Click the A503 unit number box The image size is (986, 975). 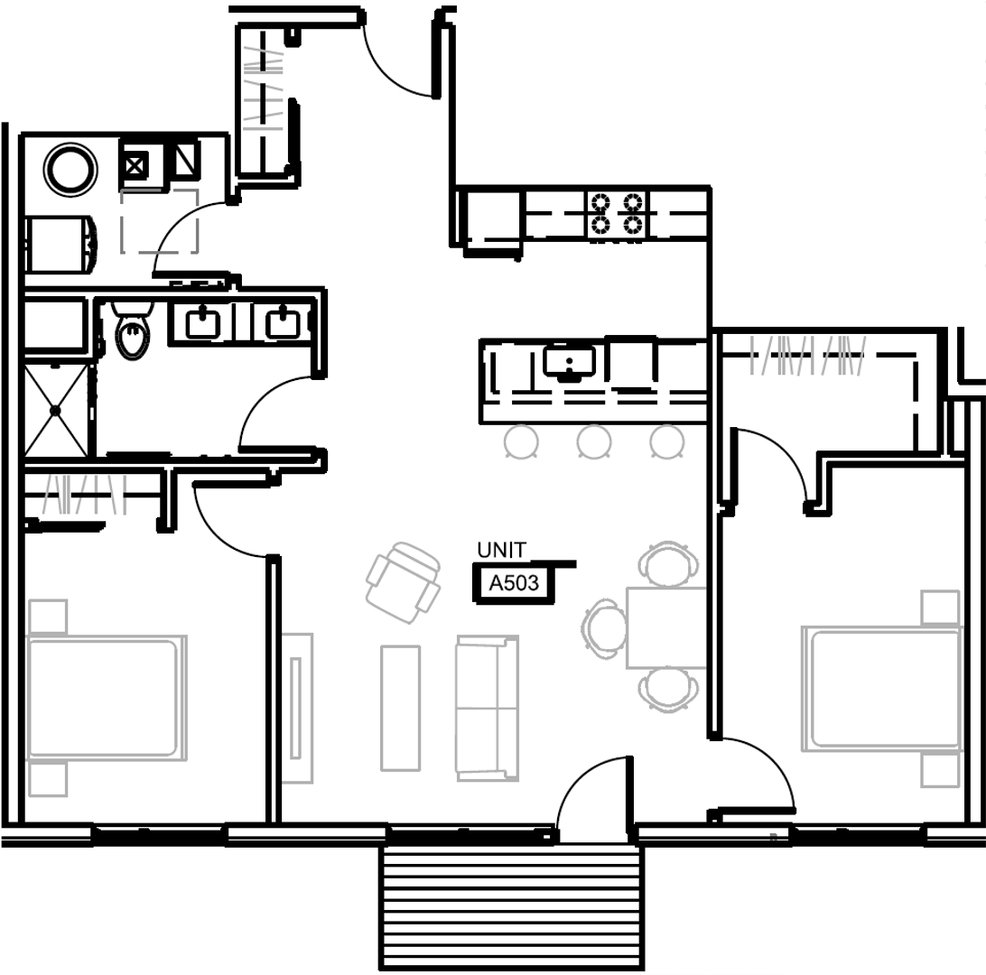[x=513, y=583]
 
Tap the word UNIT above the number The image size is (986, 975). [x=501, y=551]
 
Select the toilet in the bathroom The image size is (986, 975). [x=133, y=334]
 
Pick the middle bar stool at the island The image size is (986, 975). [x=594, y=441]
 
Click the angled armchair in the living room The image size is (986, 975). [x=403, y=581]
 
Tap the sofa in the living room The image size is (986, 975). [x=487, y=708]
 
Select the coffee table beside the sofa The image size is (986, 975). [x=400, y=708]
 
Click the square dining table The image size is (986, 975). [x=666, y=627]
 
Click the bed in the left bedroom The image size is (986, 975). [x=105, y=698]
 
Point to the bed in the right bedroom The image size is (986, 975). [x=882, y=689]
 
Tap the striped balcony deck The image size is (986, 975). [x=512, y=906]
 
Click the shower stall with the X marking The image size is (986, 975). [x=56, y=410]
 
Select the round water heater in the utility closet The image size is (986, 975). [x=70, y=169]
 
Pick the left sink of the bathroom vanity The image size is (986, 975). [x=203, y=322]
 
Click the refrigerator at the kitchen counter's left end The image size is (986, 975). [x=491, y=218]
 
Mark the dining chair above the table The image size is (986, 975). [x=668, y=563]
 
